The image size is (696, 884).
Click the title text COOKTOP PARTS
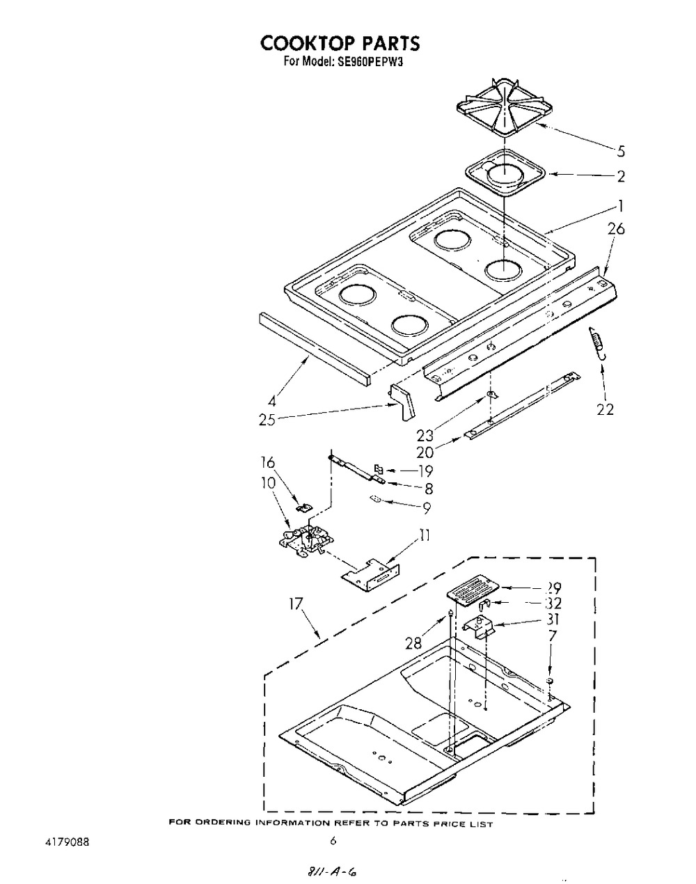point(340,44)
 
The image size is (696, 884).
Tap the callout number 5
point(621,151)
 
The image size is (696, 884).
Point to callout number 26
point(615,229)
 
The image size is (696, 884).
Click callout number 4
point(272,401)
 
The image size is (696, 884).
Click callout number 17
point(296,604)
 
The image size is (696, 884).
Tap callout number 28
point(413,643)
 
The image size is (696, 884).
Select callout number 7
point(553,635)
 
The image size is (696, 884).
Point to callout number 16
point(268,463)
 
